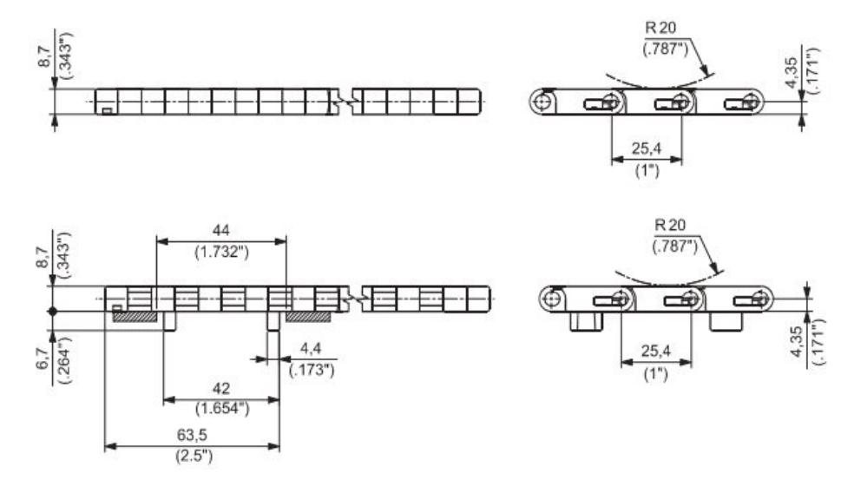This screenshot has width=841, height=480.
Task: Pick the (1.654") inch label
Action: (x=220, y=410)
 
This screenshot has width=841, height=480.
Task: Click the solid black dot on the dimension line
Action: (x=54, y=310)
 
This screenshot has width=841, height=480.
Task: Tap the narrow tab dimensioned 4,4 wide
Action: (x=273, y=322)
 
